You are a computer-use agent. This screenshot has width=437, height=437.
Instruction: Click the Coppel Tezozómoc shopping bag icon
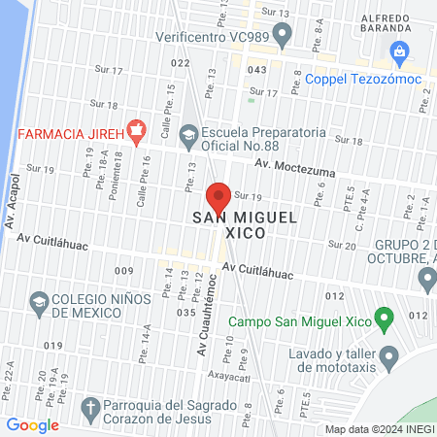[x=398, y=50]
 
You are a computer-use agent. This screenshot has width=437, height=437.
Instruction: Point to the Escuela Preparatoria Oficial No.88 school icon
[x=189, y=133]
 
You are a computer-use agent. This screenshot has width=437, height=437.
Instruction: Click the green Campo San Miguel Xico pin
[x=385, y=317]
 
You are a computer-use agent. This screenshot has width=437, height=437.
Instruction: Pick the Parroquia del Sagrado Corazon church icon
[x=90, y=407]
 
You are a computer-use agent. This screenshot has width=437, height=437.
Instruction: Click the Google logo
[x=32, y=424]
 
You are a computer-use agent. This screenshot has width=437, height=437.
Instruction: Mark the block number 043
[x=256, y=70]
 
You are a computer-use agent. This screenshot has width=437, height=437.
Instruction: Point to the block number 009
[x=123, y=269]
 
